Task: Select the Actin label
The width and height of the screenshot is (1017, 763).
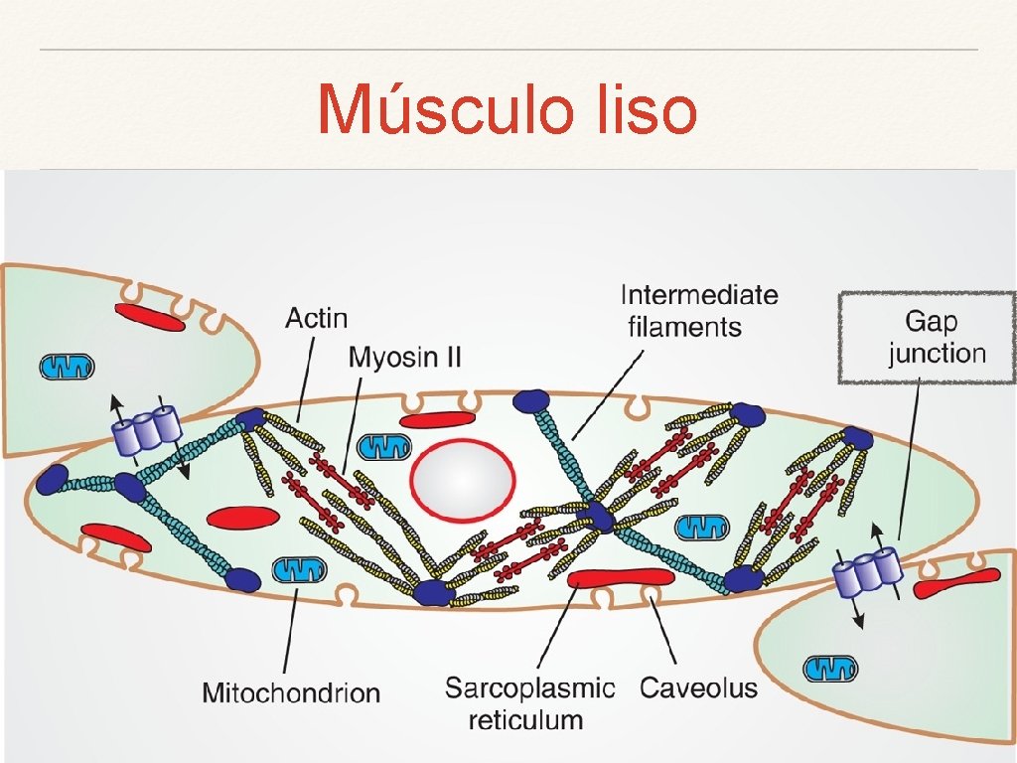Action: [316, 318]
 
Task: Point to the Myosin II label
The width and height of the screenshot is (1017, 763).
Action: [404, 357]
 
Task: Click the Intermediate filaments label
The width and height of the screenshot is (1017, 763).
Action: [698, 310]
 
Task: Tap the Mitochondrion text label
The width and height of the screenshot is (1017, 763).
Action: [291, 692]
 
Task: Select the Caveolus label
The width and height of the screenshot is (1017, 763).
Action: [698, 687]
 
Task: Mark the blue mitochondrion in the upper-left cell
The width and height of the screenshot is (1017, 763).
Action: [68, 367]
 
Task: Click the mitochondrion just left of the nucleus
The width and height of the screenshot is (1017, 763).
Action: [382, 446]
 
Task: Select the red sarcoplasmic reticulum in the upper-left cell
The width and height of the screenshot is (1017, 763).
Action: [149, 317]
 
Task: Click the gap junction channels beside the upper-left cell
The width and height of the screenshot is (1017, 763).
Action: [147, 430]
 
